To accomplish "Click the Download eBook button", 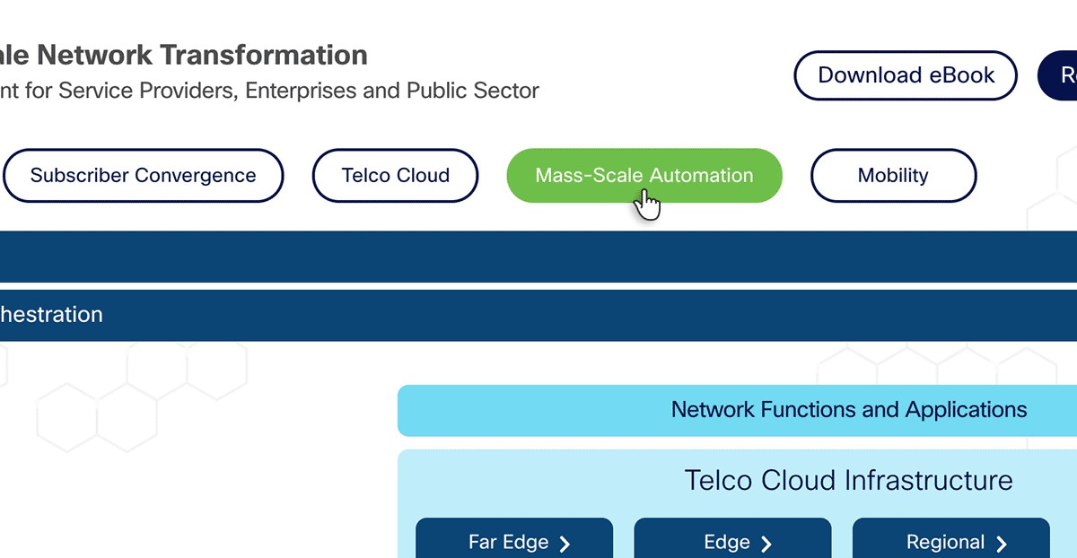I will click(x=906, y=75).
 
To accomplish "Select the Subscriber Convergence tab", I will click(x=144, y=176).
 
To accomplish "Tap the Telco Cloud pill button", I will click(x=396, y=176).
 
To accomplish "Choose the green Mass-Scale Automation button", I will click(x=644, y=175).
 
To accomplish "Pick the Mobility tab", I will click(x=893, y=176).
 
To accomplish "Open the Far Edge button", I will click(x=514, y=542).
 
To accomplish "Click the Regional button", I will click(x=950, y=542).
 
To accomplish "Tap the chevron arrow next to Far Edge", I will click(x=565, y=544).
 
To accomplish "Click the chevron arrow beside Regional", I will click(x=1002, y=544).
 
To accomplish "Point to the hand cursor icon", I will click(x=646, y=204).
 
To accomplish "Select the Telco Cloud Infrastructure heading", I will click(x=848, y=480).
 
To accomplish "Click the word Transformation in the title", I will click(x=265, y=55).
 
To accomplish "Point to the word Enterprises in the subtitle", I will click(x=301, y=91).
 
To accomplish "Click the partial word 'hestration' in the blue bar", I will click(x=51, y=315).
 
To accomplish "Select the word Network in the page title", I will click(x=95, y=55).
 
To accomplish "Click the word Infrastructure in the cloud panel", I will click(x=930, y=480).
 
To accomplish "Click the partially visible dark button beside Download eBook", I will click(x=1059, y=75).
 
